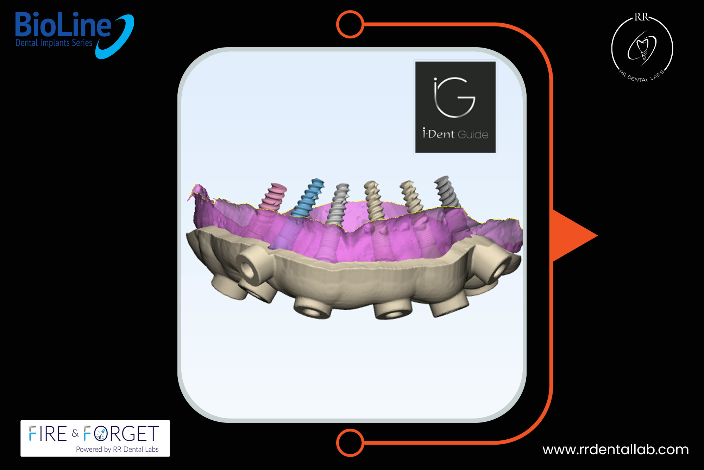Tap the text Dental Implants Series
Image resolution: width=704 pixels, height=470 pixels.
[x=54, y=43]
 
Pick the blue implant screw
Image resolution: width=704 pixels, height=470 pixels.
[x=308, y=198]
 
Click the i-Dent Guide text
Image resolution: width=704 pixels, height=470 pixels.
[x=455, y=134]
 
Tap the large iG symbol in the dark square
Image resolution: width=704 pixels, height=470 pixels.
[x=454, y=97]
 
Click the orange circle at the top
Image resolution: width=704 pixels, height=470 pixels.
[x=350, y=24]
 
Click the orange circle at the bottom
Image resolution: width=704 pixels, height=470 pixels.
[x=350, y=443]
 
